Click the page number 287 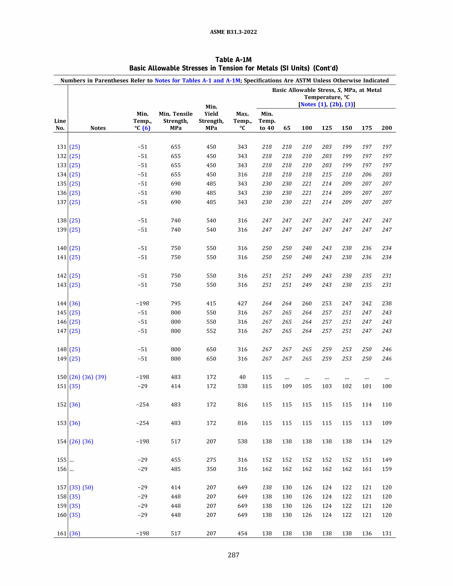(233, 555)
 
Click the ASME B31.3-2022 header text (233, 32)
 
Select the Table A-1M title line (233, 59)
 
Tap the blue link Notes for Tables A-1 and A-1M (197, 80)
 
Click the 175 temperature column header (367, 128)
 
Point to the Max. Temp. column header (242, 121)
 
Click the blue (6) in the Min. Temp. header (146, 128)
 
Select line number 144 (61, 303)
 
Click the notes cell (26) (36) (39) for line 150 (88, 377)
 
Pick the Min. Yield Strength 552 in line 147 (211, 331)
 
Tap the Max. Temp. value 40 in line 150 (242, 377)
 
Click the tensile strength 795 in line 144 (176, 303)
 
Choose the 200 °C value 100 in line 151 (387, 386)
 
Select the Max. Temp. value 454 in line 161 (242, 533)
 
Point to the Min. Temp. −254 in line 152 (142, 405)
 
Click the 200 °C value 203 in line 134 (387, 174)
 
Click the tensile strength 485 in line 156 (176, 469)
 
